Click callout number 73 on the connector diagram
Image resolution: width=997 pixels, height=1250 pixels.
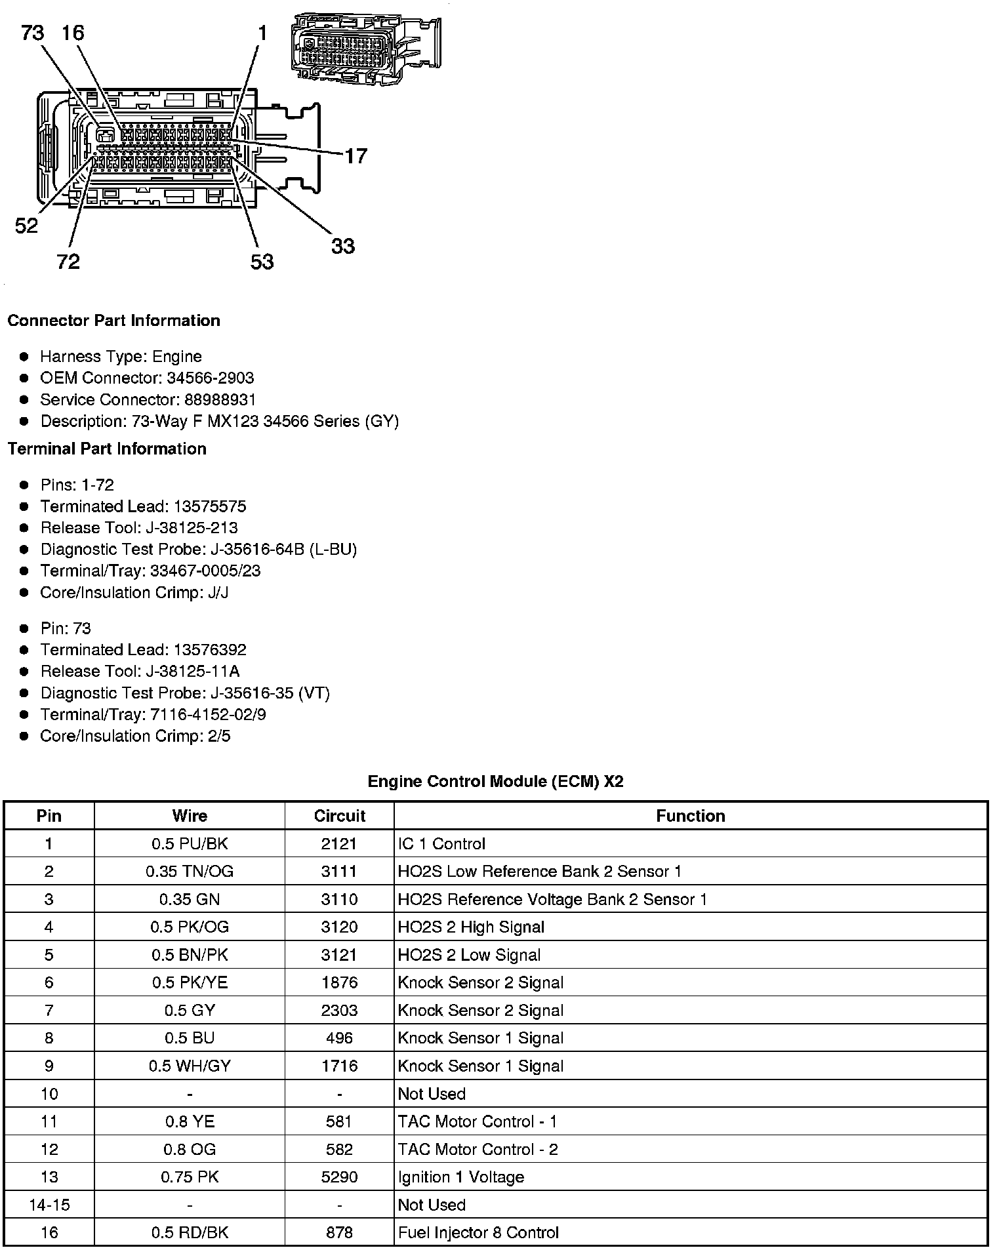[33, 32]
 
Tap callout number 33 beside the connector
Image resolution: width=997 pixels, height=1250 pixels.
[342, 247]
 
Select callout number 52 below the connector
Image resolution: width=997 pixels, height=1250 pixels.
[27, 226]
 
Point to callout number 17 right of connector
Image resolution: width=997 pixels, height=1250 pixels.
[356, 156]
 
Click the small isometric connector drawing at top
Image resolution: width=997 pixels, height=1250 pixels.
[365, 48]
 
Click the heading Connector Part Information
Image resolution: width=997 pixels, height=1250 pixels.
[113, 321]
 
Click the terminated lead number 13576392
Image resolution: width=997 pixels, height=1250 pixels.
[210, 650]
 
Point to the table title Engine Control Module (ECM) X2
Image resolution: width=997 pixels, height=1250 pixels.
[495, 781]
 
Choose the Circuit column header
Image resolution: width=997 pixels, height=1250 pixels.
[339, 816]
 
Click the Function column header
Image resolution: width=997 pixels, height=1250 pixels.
[690, 816]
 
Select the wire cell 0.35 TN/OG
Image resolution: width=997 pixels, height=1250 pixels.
[190, 872]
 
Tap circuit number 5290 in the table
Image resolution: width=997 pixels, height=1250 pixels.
[339, 1177]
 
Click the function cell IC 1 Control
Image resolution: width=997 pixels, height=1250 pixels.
[441, 844]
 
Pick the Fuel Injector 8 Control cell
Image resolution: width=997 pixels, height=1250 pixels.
[478, 1233]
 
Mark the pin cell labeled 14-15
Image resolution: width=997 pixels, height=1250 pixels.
[49, 1205]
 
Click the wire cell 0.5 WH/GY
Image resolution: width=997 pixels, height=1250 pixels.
[190, 1066]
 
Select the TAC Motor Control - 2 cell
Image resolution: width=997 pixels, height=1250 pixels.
[478, 1150]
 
